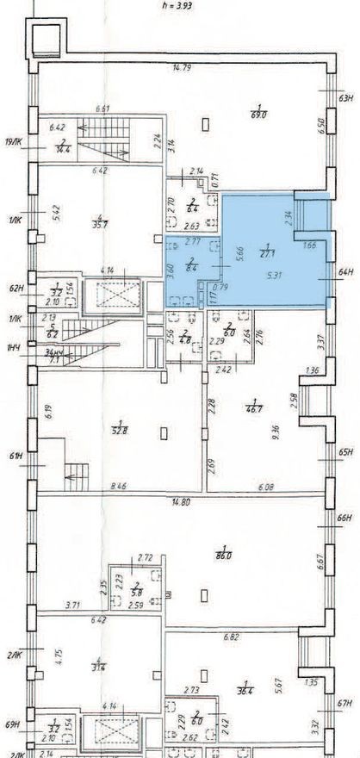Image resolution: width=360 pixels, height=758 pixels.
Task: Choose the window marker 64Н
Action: point(347,273)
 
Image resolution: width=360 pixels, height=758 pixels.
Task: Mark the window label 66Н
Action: point(347,519)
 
